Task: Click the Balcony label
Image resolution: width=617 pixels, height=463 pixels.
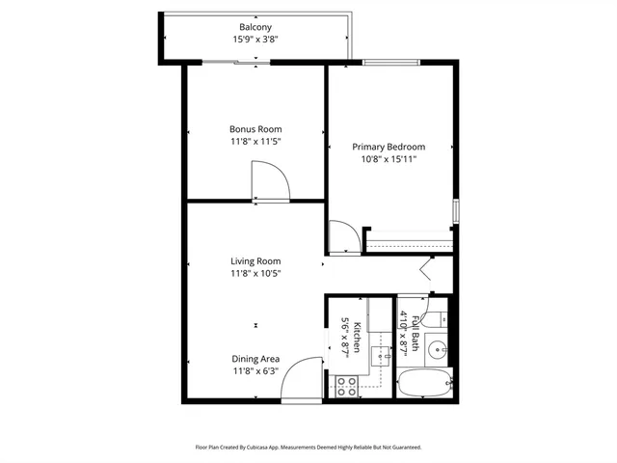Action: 255,27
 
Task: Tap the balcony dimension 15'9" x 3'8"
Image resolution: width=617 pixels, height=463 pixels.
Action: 255,41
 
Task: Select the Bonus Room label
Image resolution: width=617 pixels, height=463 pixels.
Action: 255,129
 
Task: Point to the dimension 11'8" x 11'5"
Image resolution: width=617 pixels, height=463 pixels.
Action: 255,142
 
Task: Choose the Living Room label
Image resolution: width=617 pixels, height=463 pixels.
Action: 255,260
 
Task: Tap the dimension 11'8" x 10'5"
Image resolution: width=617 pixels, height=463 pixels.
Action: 255,274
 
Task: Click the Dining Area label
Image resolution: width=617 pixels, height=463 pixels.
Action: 255,359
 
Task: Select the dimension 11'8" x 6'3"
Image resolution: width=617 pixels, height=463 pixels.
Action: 255,371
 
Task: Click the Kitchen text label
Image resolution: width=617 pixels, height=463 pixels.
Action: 357,336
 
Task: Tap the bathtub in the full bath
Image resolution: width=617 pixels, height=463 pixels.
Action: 424,385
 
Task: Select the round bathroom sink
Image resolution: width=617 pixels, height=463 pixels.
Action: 437,349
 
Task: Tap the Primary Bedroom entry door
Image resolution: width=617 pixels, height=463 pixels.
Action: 341,237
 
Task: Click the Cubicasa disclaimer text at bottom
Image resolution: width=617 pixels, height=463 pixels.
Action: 308,448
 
